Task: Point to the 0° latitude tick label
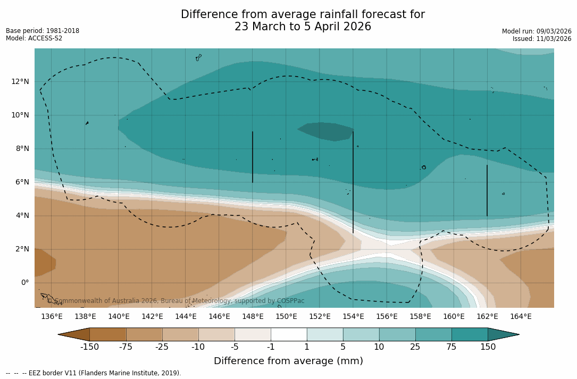24,282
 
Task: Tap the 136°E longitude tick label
52,317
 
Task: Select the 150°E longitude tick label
286,317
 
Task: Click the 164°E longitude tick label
521,317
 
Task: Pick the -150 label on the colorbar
89,347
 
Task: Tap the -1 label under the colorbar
271,347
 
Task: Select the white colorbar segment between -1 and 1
289,334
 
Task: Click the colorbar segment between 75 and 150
470,334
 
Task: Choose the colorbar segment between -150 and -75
108,334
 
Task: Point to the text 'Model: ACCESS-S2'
34,38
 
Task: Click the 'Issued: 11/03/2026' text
542,39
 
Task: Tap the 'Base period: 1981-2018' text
43,31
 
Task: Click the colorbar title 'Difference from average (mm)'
288,361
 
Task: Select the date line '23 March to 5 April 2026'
303,27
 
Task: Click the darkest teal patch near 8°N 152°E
327,131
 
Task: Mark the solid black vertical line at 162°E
487,190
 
